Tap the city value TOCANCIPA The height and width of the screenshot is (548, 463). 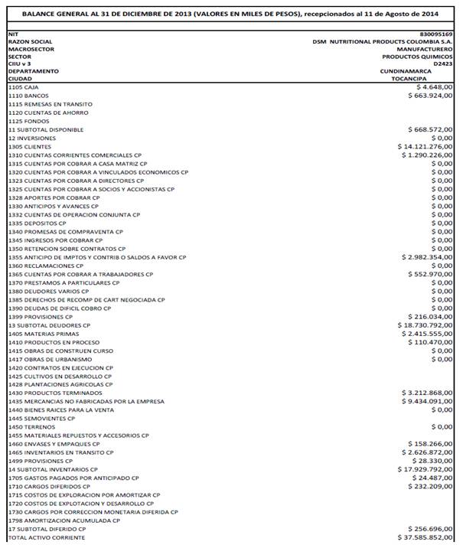point(433,78)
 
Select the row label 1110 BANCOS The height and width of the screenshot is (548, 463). point(28,96)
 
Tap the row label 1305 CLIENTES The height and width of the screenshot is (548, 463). point(30,146)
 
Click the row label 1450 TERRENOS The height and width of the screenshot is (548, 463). point(31,427)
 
